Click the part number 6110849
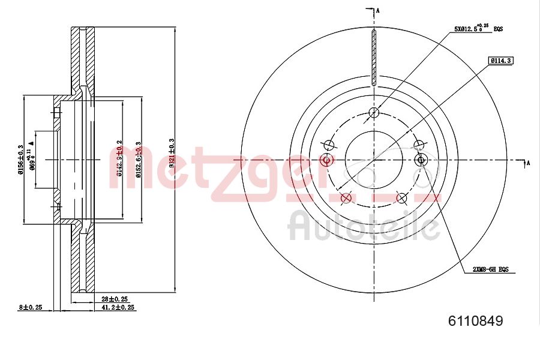(x=475, y=321)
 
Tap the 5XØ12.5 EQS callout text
(x=478, y=28)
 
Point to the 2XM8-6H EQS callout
(x=490, y=270)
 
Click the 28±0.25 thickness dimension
(x=114, y=299)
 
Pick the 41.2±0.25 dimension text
(x=118, y=307)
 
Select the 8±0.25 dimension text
(x=29, y=307)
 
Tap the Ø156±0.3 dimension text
(x=21, y=160)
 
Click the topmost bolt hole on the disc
(x=374, y=112)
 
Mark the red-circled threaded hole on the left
(x=327, y=160)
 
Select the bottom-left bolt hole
(x=345, y=198)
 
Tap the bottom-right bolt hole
(x=403, y=198)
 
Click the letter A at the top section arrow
(x=378, y=10)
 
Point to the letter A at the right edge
(x=529, y=162)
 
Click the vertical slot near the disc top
(x=373, y=57)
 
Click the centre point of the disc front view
(x=374, y=160)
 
